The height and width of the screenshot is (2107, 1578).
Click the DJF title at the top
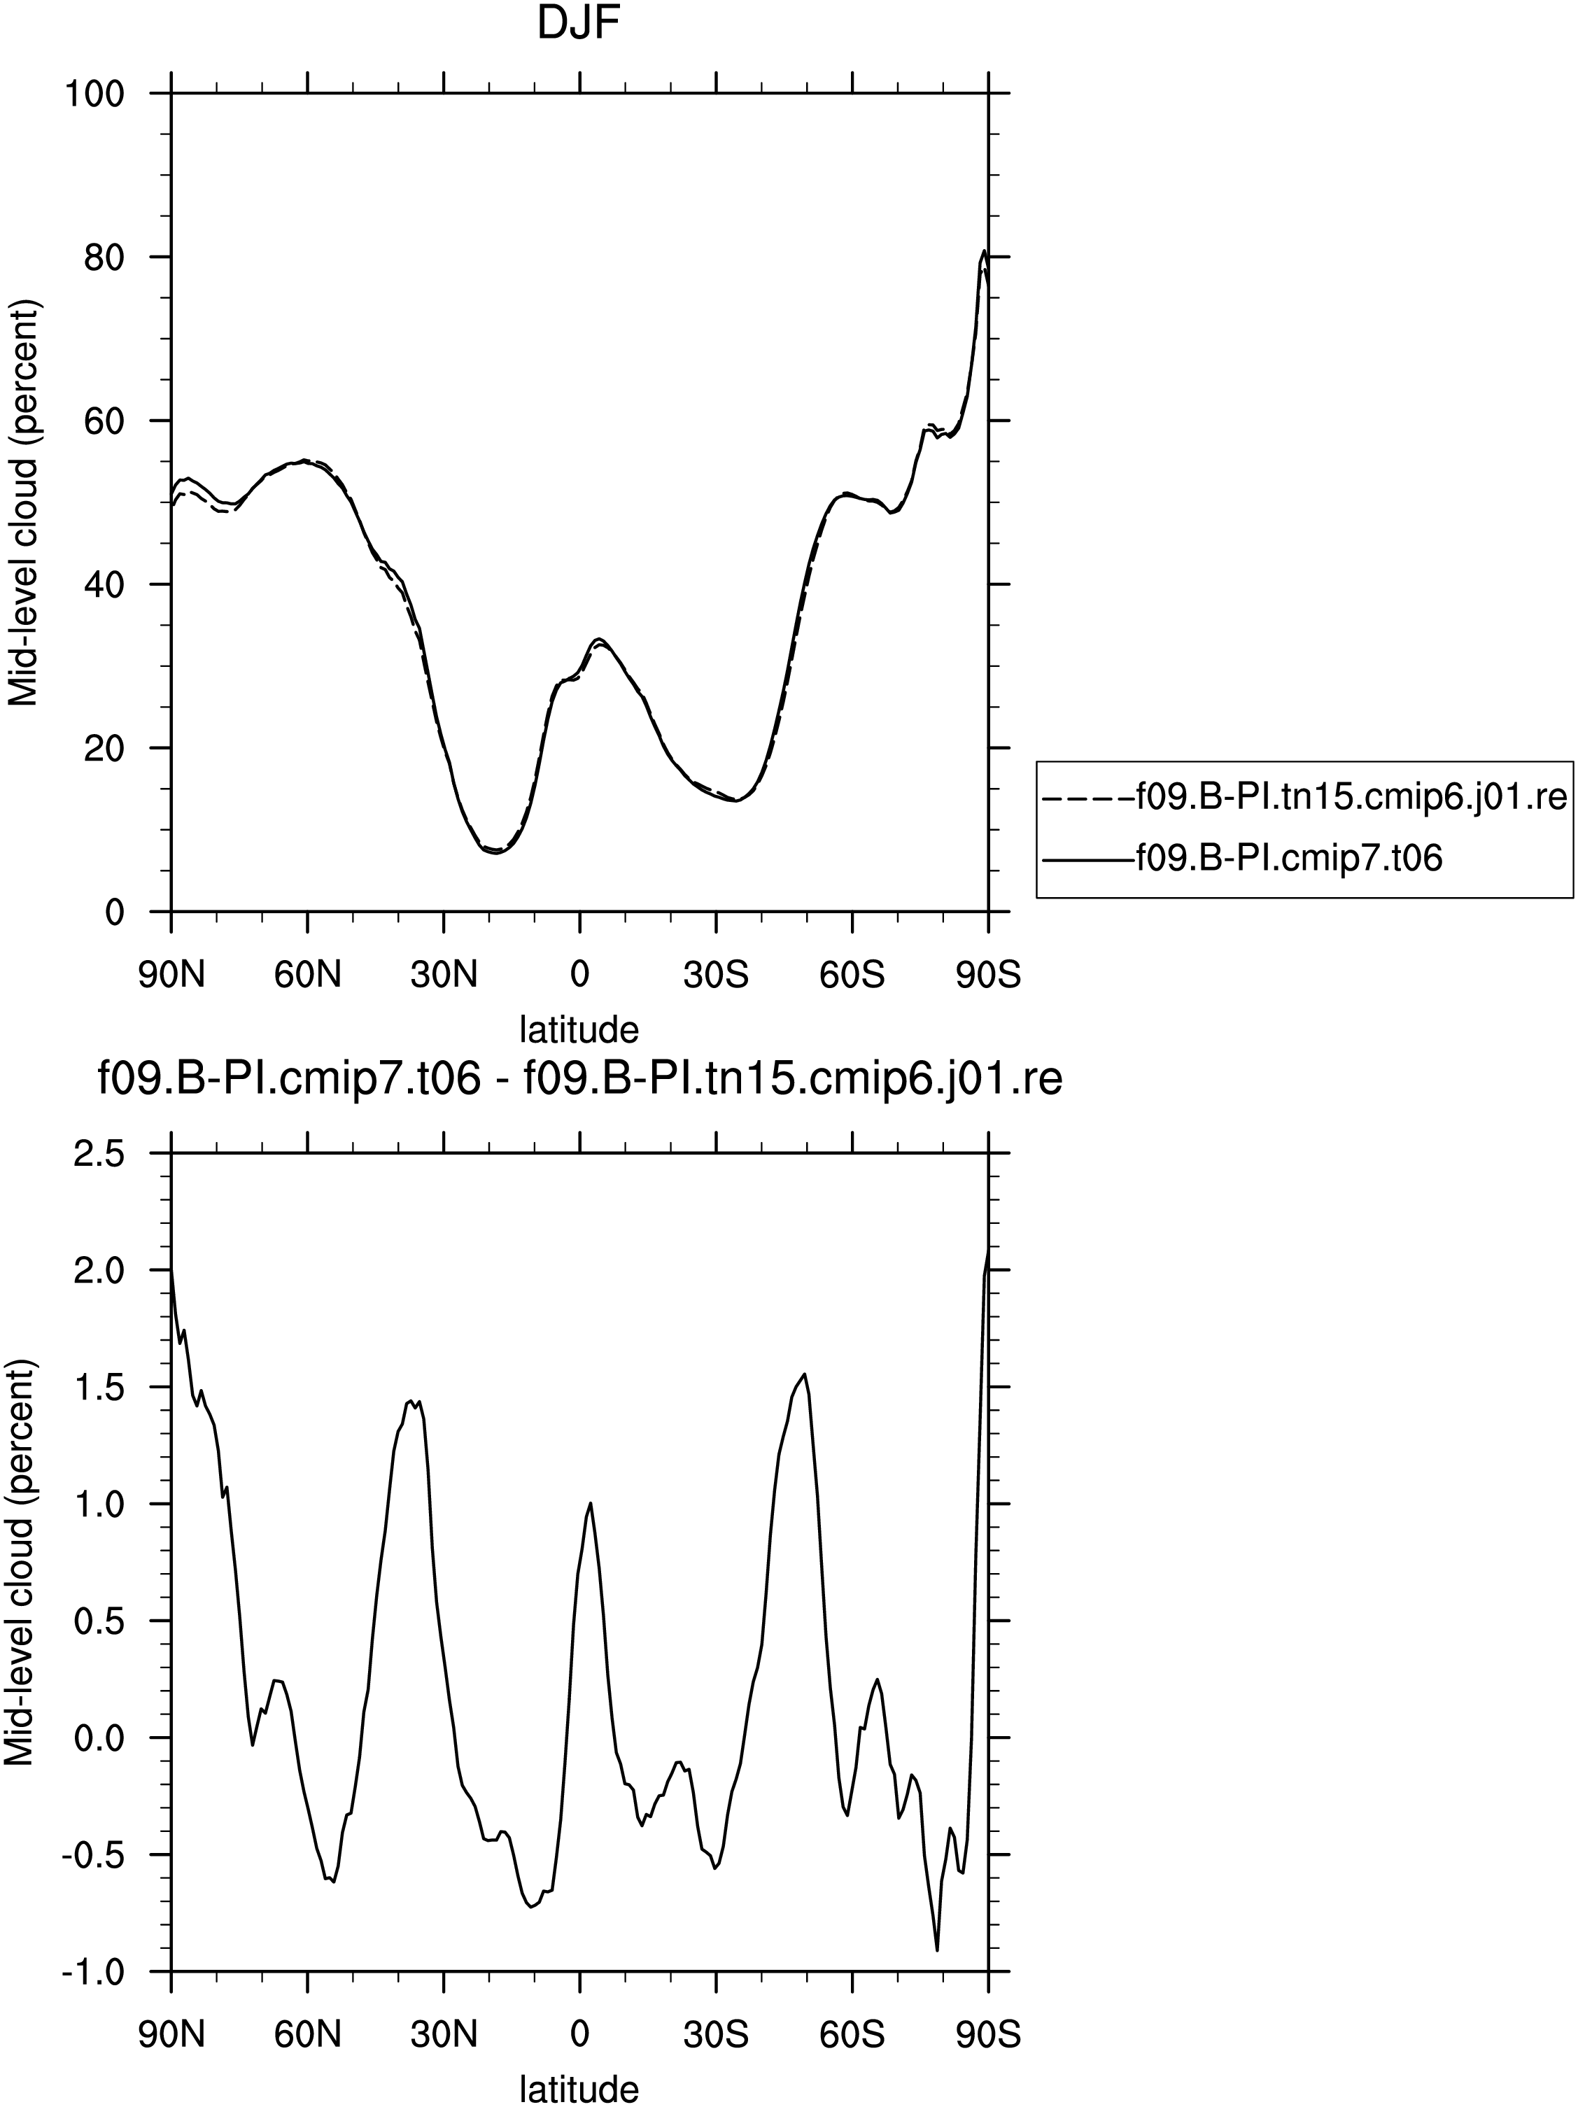[x=578, y=24]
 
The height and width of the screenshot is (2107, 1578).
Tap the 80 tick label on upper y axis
[x=105, y=258]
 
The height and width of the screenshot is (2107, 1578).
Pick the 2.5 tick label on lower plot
[x=99, y=1153]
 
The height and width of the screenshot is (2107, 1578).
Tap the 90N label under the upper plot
[x=171, y=975]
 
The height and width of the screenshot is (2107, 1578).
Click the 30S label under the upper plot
[x=715, y=975]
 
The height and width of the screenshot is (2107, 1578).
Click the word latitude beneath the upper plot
[x=578, y=1029]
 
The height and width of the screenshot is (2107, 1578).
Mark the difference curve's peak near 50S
[x=805, y=1374]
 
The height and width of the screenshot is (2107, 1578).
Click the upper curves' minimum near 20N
[x=496, y=852]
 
